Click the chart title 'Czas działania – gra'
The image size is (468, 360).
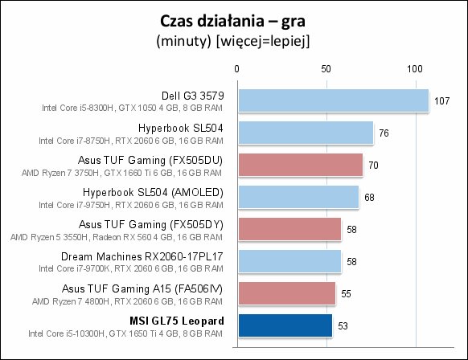pyautogui.click(x=233, y=22)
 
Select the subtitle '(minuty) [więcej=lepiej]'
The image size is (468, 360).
pyautogui.click(x=233, y=41)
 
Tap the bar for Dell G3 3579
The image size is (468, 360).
pyautogui.click(x=334, y=100)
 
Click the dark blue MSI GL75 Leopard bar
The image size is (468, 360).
pyautogui.click(x=285, y=325)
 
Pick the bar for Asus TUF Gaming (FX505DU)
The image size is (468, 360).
pyautogui.click(x=301, y=165)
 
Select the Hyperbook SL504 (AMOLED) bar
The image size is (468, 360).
pyautogui.click(x=298, y=197)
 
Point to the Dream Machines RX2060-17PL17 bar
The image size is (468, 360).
pyautogui.click(x=289, y=261)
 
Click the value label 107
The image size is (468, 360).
pyautogui.click(x=441, y=100)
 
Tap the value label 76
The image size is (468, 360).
pyautogui.click(x=384, y=133)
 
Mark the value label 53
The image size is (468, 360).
pyautogui.click(x=343, y=325)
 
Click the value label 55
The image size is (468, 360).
pyautogui.click(x=346, y=294)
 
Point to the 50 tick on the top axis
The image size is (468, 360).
pyautogui.click(x=326, y=69)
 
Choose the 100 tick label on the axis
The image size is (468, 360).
pyautogui.click(x=415, y=69)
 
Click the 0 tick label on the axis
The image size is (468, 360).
pyautogui.click(x=236, y=69)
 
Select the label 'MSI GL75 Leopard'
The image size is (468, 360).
pyautogui.click(x=177, y=321)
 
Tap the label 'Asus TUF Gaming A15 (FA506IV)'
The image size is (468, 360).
pyautogui.click(x=142, y=288)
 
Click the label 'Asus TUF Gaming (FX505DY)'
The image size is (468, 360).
pyautogui.click(x=151, y=224)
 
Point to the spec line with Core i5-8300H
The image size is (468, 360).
pyautogui.click(x=132, y=108)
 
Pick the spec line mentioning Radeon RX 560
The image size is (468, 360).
pyautogui.click(x=117, y=237)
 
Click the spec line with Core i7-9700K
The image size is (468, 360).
pyautogui.click(x=131, y=268)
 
